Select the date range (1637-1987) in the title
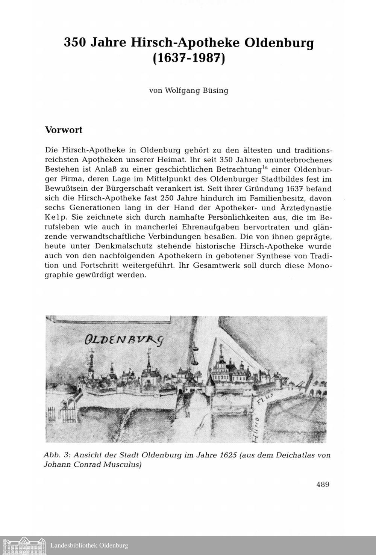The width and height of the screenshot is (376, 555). pyautogui.click(x=188, y=59)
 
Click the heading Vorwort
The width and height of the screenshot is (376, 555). pyautogui.click(x=64, y=130)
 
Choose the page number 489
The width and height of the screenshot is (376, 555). pyautogui.click(x=323, y=484)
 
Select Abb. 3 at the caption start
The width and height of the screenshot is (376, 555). pyautogui.click(x=56, y=455)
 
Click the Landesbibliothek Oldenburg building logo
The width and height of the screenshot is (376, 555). pyautogui.click(x=24, y=545)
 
